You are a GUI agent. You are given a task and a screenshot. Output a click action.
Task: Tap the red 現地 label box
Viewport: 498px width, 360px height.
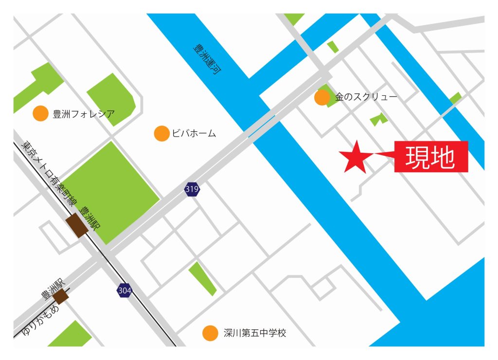[431, 157]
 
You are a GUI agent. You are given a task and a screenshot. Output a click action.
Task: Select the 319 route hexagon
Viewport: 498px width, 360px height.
[192, 189]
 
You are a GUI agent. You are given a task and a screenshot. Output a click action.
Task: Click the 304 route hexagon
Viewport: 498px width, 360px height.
[124, 290]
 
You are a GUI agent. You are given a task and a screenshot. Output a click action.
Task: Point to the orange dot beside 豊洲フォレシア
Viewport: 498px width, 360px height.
[40, 114]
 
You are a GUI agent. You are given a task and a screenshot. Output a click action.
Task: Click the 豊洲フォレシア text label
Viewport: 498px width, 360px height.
[84, 115]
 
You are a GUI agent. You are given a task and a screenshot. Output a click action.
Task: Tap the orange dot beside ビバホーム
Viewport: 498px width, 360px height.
[161, 133]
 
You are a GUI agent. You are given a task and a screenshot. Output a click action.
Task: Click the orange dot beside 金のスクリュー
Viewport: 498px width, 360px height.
[322, 97]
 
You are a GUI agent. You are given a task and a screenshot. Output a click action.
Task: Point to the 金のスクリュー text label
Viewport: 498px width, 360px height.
[366, 97]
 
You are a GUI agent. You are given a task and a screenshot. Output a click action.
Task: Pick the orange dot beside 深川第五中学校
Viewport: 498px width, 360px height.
[210, 333]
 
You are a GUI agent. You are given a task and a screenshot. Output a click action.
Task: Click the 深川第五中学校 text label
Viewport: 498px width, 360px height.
[255, 333]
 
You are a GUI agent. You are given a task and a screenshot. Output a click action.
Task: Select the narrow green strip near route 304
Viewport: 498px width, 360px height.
[202, 278]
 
